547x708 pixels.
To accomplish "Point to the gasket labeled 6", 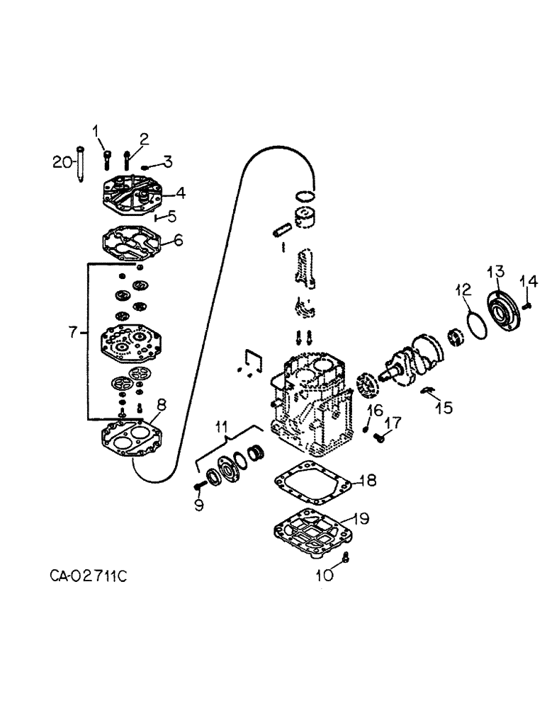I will pyautogui.click(x=132, y=241).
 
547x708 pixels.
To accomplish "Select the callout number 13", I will pyautogui.click(x=495, y=271).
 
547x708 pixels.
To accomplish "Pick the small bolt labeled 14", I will pyautogui.click(x=529, y=305).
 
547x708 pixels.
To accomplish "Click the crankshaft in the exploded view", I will pyautogui.click(x=411, y=360).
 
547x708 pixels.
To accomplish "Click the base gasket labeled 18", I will pyautogui.click(x=312, y=483).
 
